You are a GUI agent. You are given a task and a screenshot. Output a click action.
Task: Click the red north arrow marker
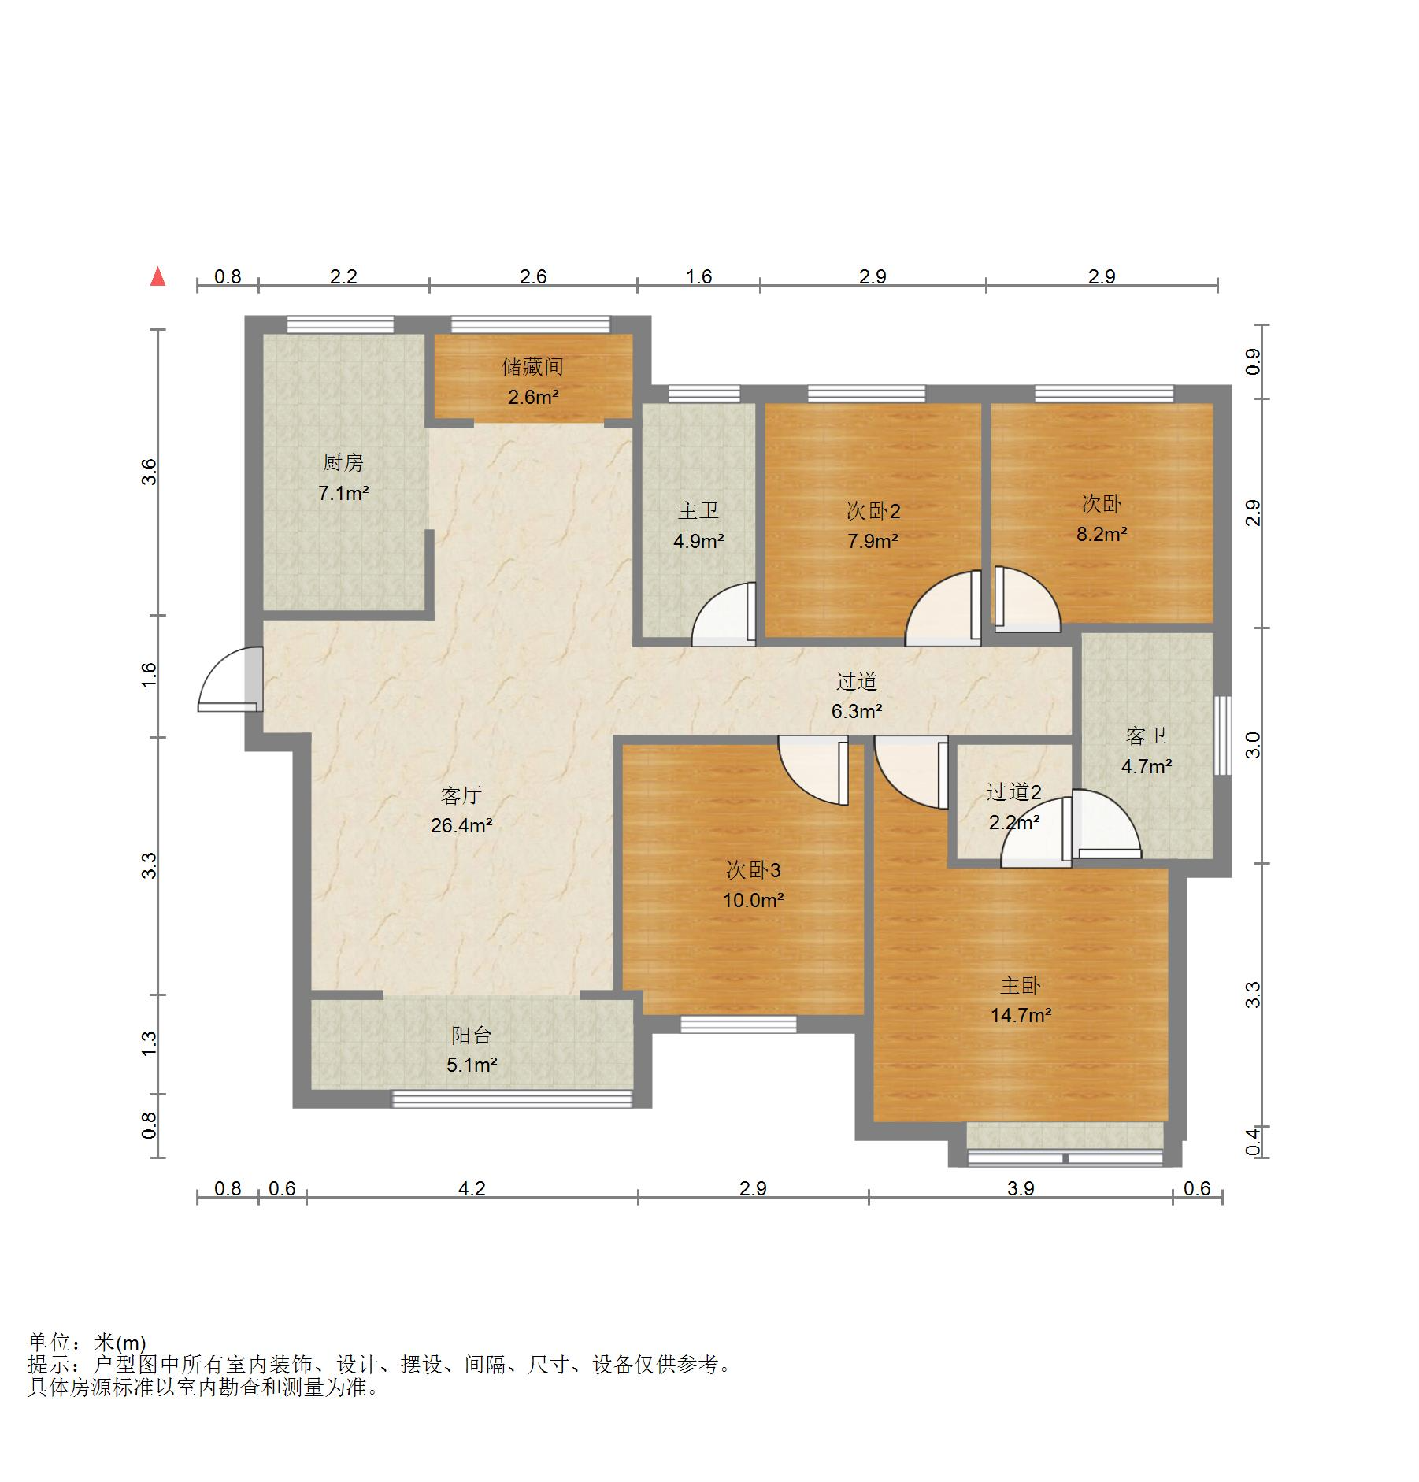coord(158,276)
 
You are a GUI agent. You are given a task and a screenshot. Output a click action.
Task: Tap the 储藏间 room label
coord(533,366)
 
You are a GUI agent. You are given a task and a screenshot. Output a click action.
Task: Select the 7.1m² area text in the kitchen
coord(343,494)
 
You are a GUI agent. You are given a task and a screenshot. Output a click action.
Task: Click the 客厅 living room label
coord(461,795)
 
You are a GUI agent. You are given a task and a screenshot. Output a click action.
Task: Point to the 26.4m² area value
coord(461,825)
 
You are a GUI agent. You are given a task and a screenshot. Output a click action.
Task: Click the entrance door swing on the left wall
coord(230,679)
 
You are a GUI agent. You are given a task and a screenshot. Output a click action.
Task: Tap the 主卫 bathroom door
coord(724,613)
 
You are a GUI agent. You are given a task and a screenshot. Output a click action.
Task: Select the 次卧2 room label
coord(873,511)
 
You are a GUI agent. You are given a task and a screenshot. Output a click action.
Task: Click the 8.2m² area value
coord(1102,534)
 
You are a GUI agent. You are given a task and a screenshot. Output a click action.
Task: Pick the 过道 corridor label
coord(856,681)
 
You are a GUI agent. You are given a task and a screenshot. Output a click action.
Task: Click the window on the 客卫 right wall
coord(1222,735)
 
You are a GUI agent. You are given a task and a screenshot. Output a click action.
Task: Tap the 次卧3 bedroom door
coord(813,771)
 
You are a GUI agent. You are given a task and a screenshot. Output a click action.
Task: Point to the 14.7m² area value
coord(1021,1015)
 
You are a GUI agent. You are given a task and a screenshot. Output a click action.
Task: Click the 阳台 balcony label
coord(471,1036)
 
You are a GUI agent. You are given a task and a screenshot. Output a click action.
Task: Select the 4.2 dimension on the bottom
coord(472,1188)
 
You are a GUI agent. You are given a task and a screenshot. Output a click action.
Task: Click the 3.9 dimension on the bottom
coord(1021,1188)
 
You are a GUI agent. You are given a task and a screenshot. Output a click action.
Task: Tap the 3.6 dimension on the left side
coord(149,472)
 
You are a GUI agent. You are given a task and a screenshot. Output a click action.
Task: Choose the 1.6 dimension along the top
coord(698,276)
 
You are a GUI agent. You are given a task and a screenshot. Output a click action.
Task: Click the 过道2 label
coord(1014,792)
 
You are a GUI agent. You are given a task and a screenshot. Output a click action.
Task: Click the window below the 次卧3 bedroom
coord(739,1024)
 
